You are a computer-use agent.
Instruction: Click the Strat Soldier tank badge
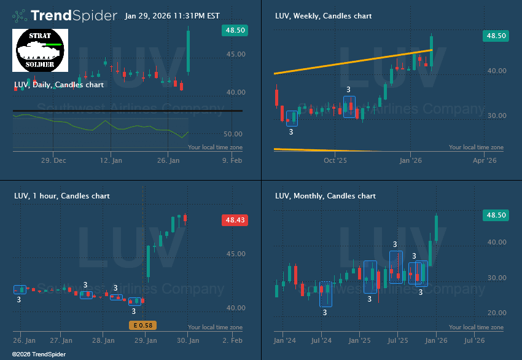pos(40,50)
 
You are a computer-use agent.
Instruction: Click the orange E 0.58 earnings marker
pos(141,325)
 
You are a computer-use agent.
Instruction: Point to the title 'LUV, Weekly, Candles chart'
pos(323,16)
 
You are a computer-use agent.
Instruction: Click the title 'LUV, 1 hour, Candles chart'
pos(62,196)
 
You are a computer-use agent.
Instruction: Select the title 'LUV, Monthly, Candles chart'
pos(325,196)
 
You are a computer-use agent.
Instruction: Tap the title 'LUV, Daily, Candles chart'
pos(59,85)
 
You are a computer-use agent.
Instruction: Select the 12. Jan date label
pos(111,160)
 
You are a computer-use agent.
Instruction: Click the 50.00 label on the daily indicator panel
pos(234,134)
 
